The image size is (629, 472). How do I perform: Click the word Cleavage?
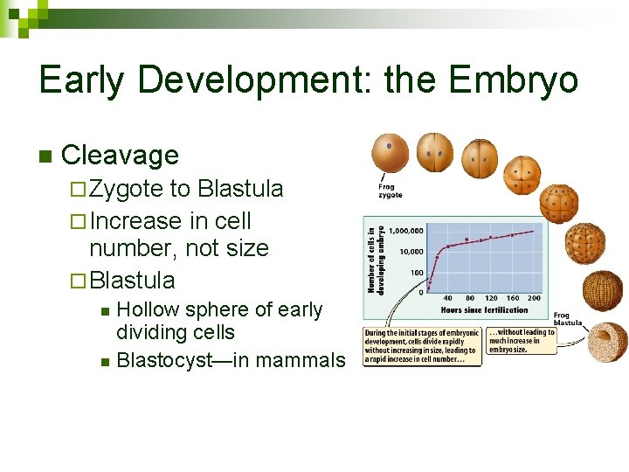(x=121, y=156)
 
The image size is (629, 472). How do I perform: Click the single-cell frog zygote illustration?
(x=390, y=153)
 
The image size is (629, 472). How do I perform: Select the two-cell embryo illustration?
(x=434, y=153)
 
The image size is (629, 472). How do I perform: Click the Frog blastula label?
(x=568, y=319)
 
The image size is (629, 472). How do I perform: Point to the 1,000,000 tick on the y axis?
(x=406, y=231)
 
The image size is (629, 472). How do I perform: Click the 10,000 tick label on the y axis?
(x=411, y=252)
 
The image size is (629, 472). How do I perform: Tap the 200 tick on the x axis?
(x=534, y=299)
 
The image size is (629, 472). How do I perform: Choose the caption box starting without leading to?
(x=522, y=341)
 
